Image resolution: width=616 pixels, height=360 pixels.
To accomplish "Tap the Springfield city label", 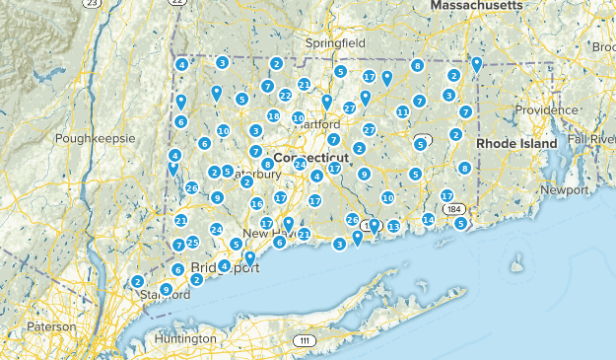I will pyautogui.click(x=335, y=44).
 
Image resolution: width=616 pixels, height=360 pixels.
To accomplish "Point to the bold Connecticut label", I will pyautogui.click(x=311, y=158).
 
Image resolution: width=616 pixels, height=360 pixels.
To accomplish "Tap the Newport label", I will pyautogui.click(x=564, y=188).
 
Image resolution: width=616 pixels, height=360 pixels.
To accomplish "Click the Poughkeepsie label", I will pyautogui.click(x=96, y=139).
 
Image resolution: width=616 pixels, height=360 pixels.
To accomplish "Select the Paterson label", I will pyautogui.click(x=51, y=325).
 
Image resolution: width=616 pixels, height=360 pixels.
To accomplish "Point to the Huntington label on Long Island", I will pyautogui.click(x=185, y=338).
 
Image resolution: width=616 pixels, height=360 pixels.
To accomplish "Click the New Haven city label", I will pyautogui.click(x=267, y=233).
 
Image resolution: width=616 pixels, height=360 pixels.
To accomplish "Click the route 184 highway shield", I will pyautogui.click(x=453, y=209).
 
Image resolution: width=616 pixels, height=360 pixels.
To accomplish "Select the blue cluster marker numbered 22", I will pyautogui.click(x=285, y=95).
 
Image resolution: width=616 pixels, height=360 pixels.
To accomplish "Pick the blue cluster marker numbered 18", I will pyautogui.click(x=273, y=115).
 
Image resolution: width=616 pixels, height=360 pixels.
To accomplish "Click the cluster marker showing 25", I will pyautogui.click(x=193, y=242).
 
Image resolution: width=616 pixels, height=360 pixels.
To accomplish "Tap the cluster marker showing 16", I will pyautogui.click(x=256, y=203).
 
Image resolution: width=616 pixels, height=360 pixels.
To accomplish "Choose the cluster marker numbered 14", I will pyautogui.click(x=428, y=219).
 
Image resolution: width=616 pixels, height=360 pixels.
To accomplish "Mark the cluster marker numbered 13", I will pyautogui.click(x=393, y=227).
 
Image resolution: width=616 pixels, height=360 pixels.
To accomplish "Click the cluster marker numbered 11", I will pyautogui.click(x=402, y=111).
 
